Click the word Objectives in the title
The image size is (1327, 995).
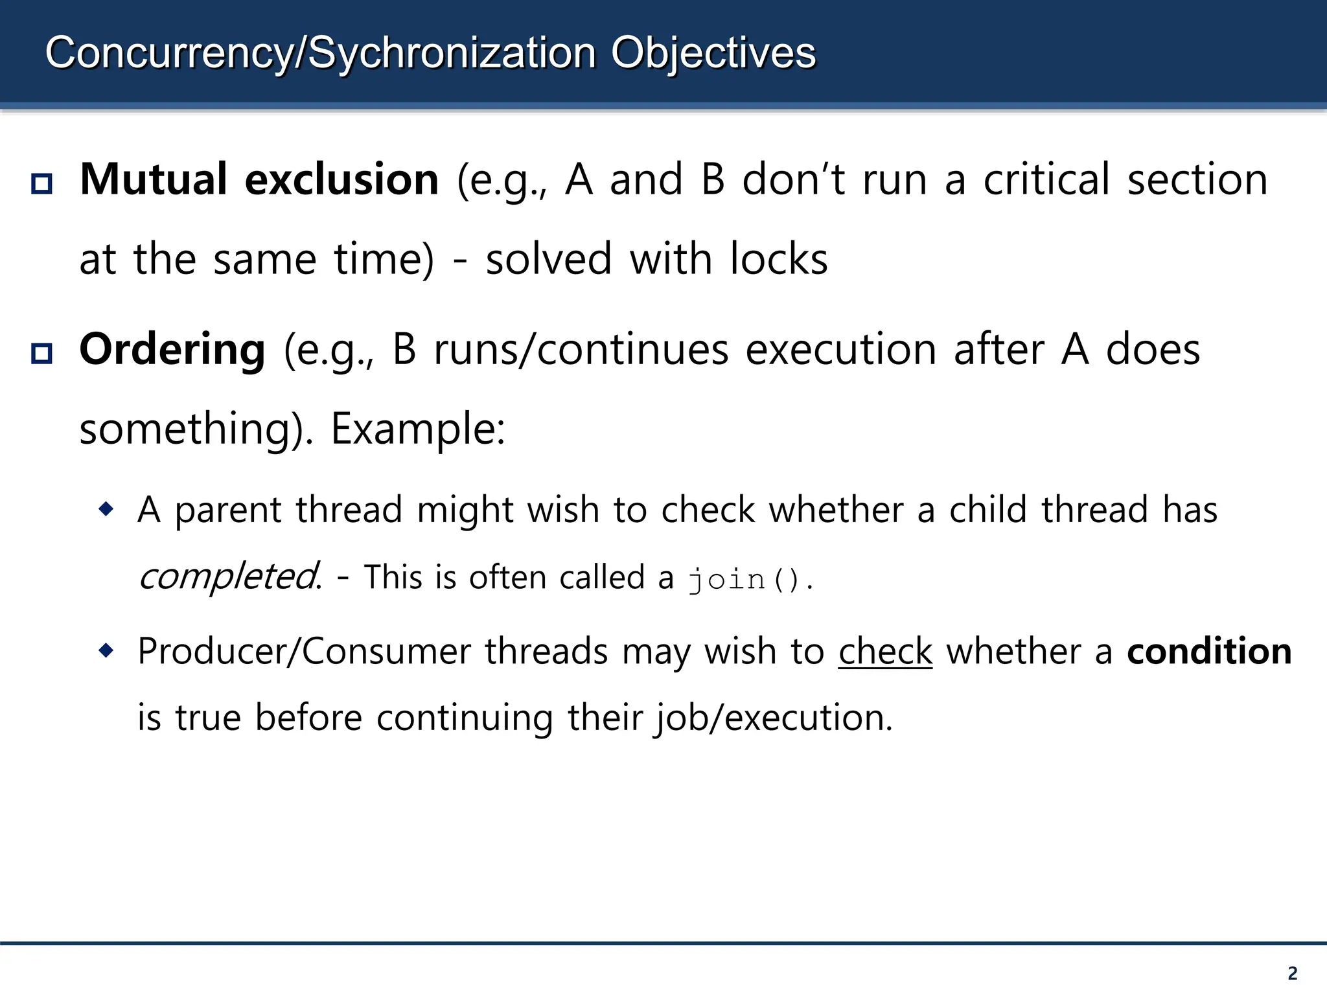pyautogui.click(x=713, y=53)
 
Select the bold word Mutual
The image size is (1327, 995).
pyautogui.click(x=153, y=179)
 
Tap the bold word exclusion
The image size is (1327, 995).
pyautogui.click(x=341, y=179)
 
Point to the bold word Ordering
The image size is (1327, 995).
pyautogui.click(x=172, y=350)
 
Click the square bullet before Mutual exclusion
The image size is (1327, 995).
pyautogui.click(x=42, y=184)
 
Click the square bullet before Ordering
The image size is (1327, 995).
pyautogui.click(x=42, y=354)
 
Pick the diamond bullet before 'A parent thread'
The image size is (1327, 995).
pyautogui.click(x=106, y=509)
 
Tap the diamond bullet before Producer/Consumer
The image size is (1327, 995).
pyautogui.click(x=106, y=650)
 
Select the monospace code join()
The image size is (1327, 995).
pyautogui.click(x=744, y=578)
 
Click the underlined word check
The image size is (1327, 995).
pyautogui.click(x=885, y=652)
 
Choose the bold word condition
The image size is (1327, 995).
pyautogui.click(x=1209, y=652)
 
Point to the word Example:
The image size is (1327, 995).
pyautogui.click(x=418, y=429)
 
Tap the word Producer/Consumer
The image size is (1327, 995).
pyautogui.click(x=304, y=652)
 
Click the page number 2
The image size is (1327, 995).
pyautogui.click(x=1293, y=974)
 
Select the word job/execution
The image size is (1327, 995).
pyautogui.click(x=773, y=718)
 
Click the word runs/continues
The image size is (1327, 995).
pyautogui.click(x=581, y=350)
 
